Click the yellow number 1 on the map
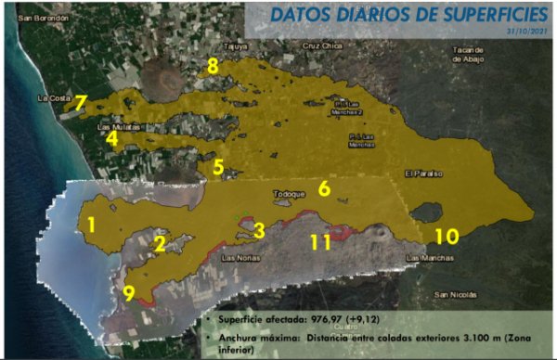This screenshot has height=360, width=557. [x=91, y=225]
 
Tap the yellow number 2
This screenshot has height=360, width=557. [x=160, y=244]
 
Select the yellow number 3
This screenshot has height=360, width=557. [x=259, y=229]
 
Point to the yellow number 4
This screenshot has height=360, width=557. [x=112, y=140]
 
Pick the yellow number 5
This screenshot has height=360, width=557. [x=218, y=168]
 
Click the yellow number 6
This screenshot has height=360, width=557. [x=324, y=188]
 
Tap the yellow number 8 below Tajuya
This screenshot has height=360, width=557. [x=213, y=66]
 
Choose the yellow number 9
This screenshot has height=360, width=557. [x=129, y=293]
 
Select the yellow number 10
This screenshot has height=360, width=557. [x=447, y=236]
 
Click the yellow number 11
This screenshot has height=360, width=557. [x=320, y=241]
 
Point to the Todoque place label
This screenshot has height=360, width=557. [x=288, y=195]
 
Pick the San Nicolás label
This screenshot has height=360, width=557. [x=454, y=295]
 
